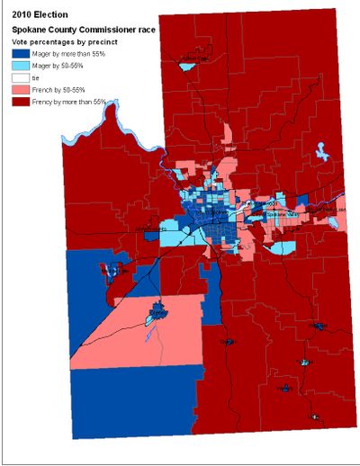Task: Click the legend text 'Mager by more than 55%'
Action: pos(62,53)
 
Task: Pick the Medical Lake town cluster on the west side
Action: pos(114,270)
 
